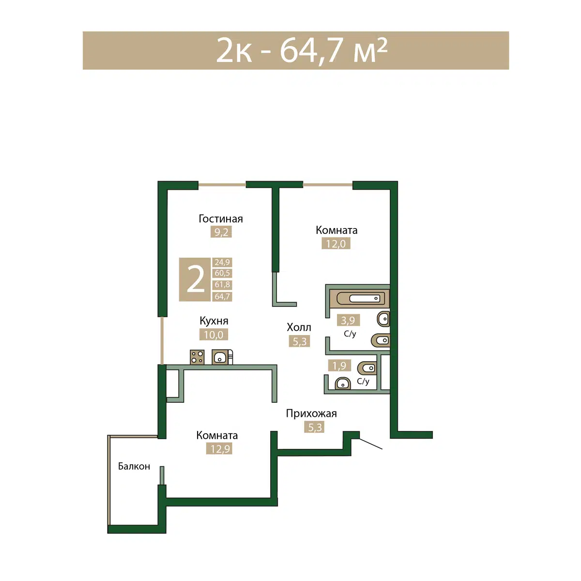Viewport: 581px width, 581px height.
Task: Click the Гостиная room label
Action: pos(220,218)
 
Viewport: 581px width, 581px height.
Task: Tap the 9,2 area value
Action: pos(221,232)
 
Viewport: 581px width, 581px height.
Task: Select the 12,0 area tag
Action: pos(336,244)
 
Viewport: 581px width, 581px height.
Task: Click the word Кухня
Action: pos(214,321)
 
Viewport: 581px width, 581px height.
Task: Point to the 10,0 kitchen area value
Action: pos(214,335)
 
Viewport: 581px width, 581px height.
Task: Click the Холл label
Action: pos(299,327)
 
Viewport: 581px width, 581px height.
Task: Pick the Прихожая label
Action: pos(311,413)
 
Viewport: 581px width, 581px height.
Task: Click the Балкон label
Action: pos(134,466)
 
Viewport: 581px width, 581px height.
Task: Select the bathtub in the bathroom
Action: pos(360,298)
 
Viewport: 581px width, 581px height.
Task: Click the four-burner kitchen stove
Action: pos(197,357)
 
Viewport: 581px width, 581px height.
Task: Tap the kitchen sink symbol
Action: pos(220,357)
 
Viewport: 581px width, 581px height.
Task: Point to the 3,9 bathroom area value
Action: pos(348,320)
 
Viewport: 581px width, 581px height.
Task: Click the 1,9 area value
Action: pos(339,366)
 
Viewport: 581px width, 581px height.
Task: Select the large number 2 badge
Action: pos(195,279)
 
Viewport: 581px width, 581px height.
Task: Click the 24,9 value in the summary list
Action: pos(222,262)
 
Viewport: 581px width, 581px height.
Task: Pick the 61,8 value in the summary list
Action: pos(222,284)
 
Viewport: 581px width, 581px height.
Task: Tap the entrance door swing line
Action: pos(371,443)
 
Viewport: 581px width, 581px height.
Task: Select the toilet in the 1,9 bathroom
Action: pos(367,368)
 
